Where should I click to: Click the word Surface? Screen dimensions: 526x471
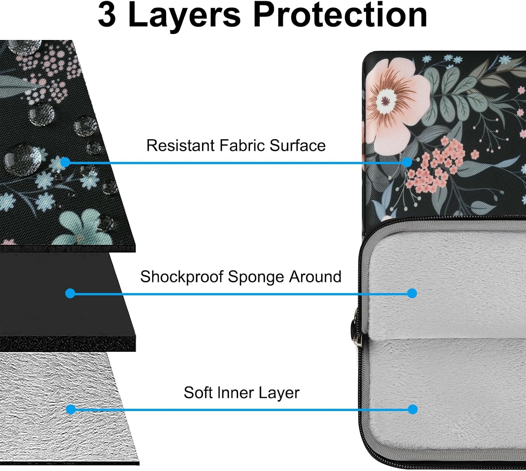(x=297, y=145)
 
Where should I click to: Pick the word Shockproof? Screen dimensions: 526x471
(x=182, y=277)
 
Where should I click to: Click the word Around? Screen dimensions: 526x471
(x=316, y=276)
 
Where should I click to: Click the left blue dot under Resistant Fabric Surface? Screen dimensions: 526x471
(x=66, y=162)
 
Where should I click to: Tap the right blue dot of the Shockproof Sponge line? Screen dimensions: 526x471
(x=412, y=294)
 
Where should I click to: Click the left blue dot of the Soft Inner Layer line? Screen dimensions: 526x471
(x=71, y=410)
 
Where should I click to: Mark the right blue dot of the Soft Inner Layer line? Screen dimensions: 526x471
(x=412, y=410)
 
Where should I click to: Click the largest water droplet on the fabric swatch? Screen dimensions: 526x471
(x=23, y=160)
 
